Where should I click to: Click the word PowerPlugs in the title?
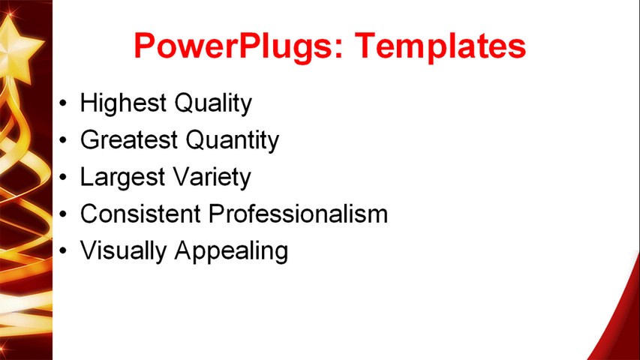point(231,46)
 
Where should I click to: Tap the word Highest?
point(122,103)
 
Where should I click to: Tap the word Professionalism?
point(298,214)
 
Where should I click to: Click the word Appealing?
point(231,251)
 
